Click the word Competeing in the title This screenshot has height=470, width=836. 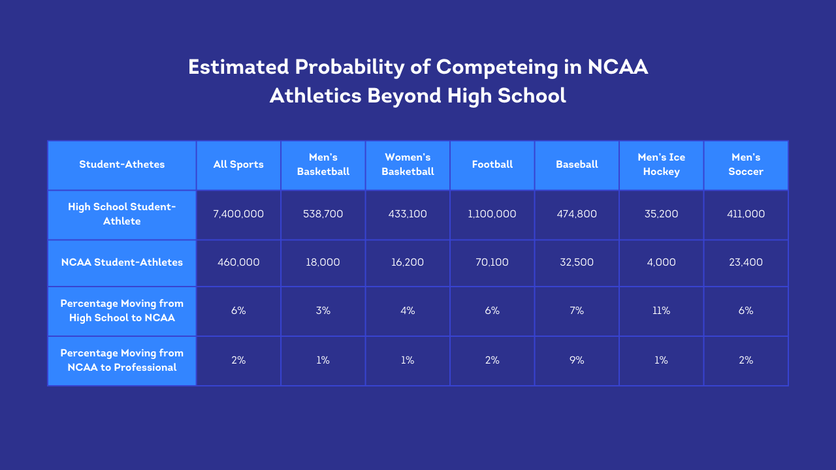click(497, 68)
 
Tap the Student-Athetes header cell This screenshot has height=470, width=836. click(121, 164)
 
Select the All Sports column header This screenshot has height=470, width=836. click(238, 164)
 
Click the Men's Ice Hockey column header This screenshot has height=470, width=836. click(662, 164)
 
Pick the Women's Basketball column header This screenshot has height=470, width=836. click(408, 164)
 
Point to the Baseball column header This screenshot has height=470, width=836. click(577, 164)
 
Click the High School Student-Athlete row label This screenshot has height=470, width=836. click(121, 214)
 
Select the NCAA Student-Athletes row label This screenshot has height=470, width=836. click(121, 262)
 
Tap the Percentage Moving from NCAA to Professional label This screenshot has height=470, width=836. click(121, 360)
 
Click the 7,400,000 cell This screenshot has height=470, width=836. click(238, 214)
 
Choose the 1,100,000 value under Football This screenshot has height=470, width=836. click(492, 214)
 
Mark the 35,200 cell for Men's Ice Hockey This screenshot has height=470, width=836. click(662, 214)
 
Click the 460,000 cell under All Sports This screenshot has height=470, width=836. click(238, 262)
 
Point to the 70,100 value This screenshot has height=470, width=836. click(492, 262)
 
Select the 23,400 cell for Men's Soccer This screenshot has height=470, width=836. click(746, 262)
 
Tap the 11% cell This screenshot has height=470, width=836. click(662, 311)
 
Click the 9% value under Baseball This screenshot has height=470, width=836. click(577, 360)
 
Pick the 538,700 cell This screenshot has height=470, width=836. click(323, 214)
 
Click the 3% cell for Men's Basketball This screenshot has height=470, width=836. click(323, 311)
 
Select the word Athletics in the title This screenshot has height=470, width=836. click(315, 96)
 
